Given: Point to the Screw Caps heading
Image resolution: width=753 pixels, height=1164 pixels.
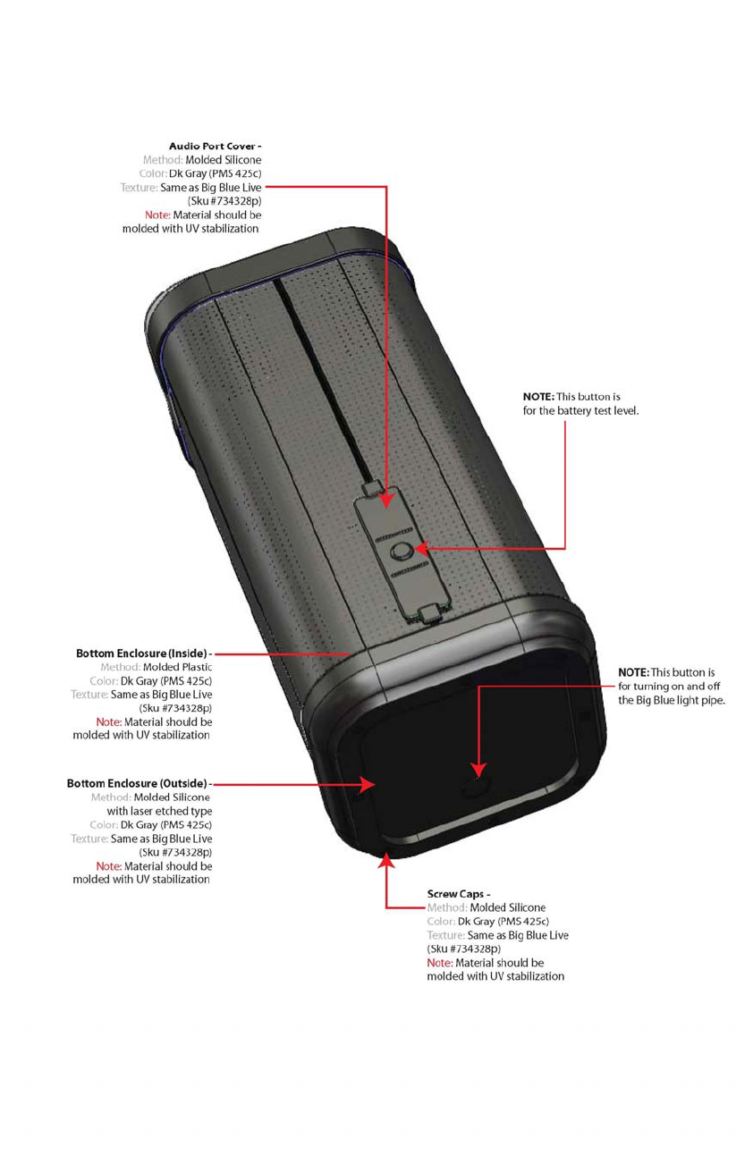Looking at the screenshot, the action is coord(456,893).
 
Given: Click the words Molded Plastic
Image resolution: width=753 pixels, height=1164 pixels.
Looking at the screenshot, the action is coord(177,667).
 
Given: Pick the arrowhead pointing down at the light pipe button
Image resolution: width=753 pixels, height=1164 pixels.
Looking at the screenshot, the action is coord(478,769).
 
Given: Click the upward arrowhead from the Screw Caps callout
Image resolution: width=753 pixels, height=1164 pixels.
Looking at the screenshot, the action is coord(386,860).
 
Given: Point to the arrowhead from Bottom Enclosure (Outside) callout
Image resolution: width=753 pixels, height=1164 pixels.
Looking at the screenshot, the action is coord(368,784).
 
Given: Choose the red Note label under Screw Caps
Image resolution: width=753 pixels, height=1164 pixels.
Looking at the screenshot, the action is coord(439,963).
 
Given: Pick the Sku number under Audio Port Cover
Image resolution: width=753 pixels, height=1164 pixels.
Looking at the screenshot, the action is coord(224,201).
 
